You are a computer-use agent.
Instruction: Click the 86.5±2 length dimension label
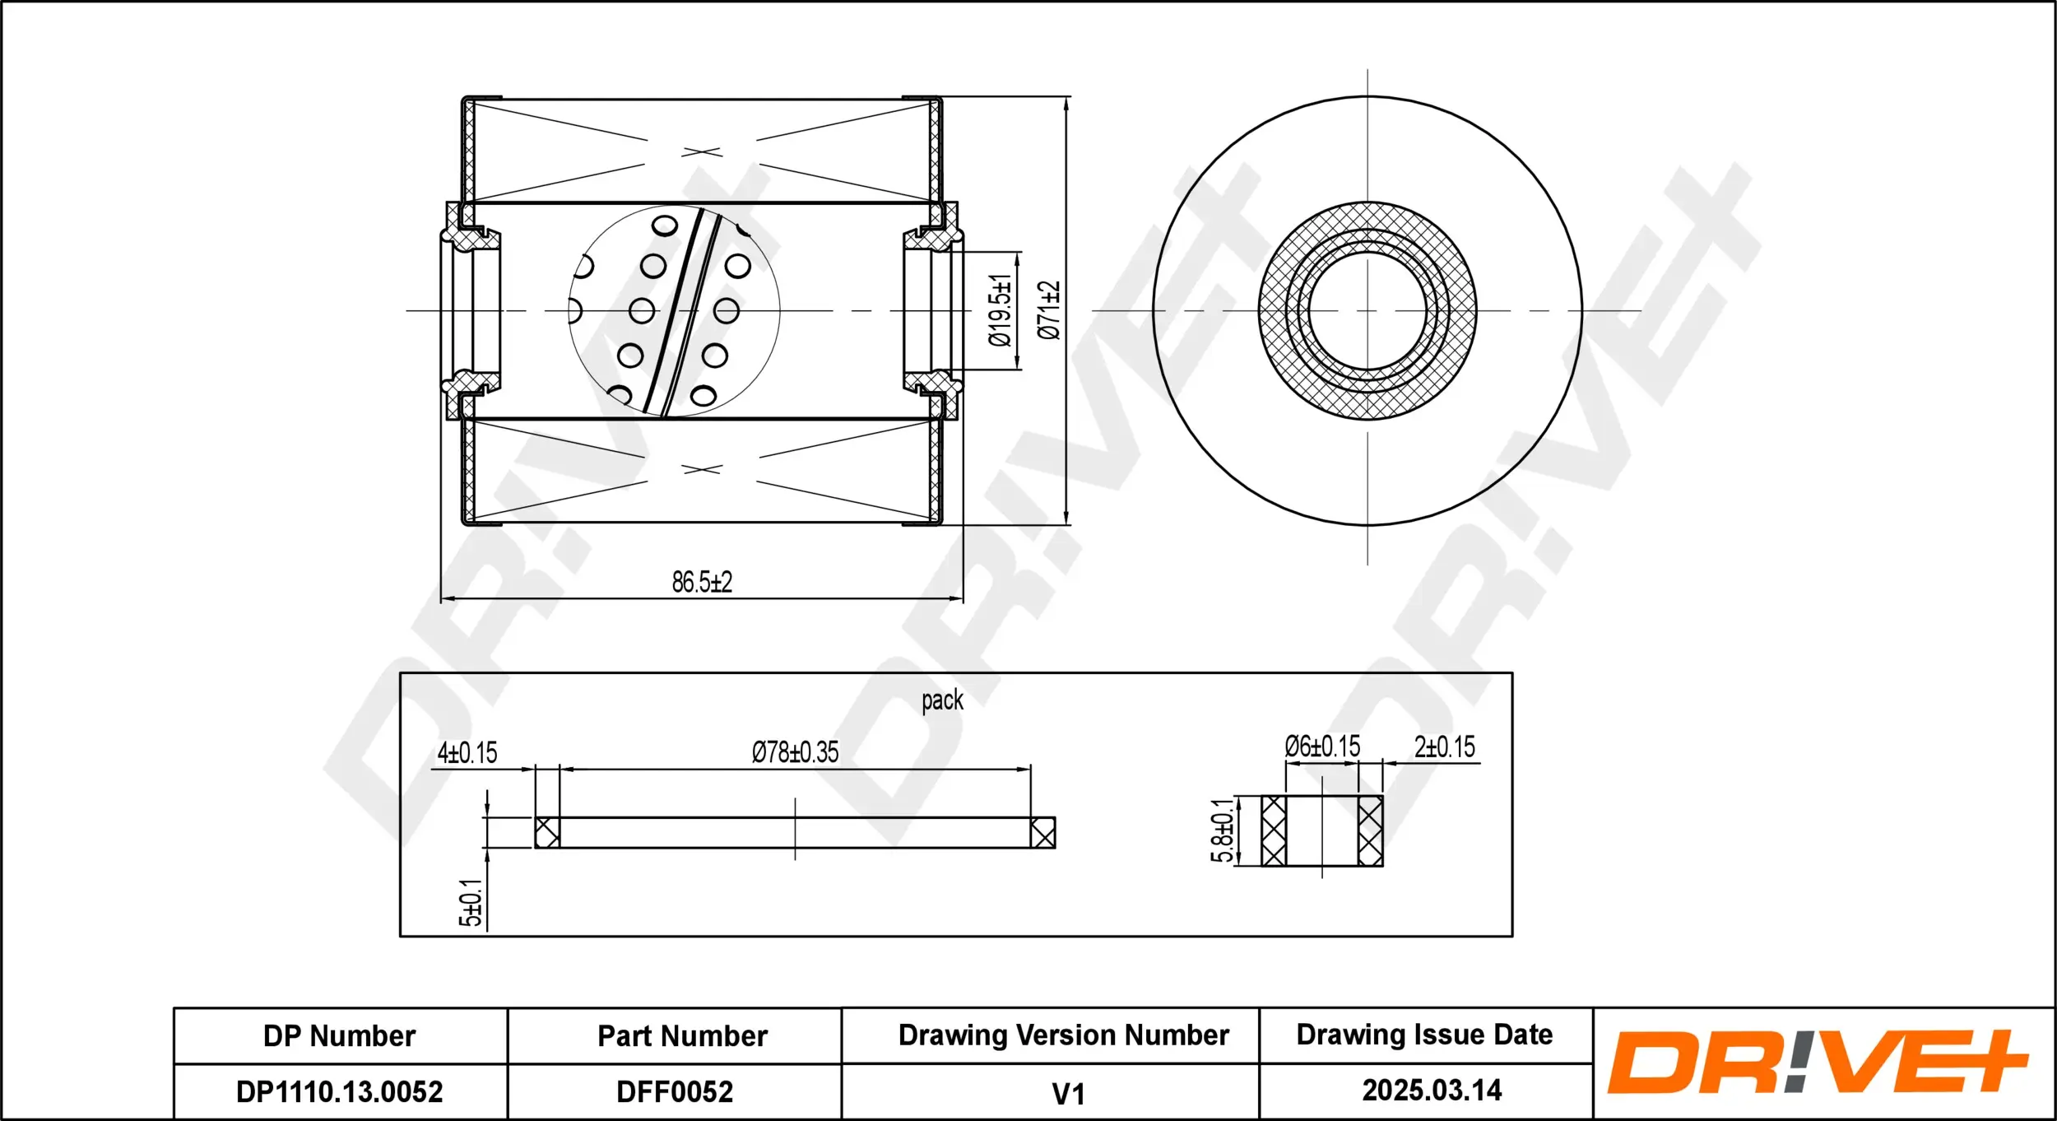(701, 582)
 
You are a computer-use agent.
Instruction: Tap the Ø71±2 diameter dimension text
(1049, 310)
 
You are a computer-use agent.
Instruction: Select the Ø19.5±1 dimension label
(1000, 310)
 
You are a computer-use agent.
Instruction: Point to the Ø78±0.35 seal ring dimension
(795, 751)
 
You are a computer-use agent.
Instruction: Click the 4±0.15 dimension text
(467, 752)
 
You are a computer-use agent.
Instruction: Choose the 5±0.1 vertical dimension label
(470, 903)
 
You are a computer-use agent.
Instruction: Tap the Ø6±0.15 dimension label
(1322, 747)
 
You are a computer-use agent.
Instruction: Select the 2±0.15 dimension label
(1444, 747)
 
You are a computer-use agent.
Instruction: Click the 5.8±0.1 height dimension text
(1222, 830)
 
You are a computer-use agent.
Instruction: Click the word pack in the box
(942, 700)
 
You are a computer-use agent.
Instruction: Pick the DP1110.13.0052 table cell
(339, 1091)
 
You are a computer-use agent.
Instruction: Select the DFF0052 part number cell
(674, 1091)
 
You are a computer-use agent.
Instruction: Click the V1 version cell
(1068, 1094)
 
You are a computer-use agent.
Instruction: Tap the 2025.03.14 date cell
(1432, 1090)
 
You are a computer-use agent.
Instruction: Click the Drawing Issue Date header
(1424, 1035)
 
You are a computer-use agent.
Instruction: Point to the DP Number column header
(339, 1035)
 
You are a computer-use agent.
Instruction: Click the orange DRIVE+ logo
(1817, 1062)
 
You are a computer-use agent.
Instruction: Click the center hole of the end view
(1367, 311)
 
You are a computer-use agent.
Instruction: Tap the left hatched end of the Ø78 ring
(547, 832)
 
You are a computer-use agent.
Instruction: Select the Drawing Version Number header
(1063, 1035)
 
